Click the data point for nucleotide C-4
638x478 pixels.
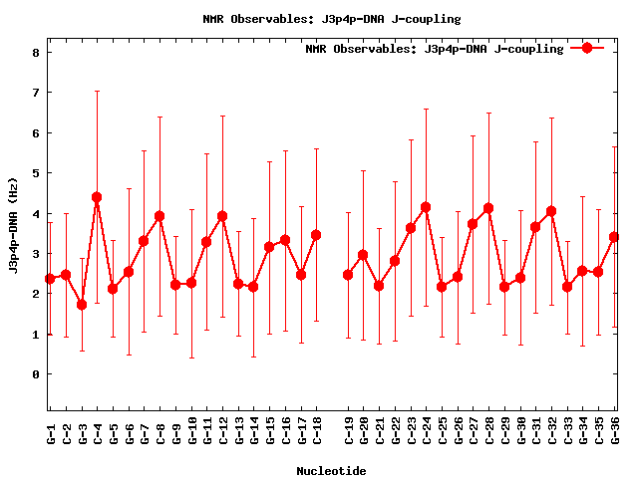[97, 197]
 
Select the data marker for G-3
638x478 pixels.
[82, 305]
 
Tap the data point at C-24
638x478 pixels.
[426, 207]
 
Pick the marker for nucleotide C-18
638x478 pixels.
[316, 235]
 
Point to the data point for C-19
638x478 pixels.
[348, 275]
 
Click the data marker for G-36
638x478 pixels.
[614, 237]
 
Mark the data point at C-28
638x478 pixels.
[488, 208]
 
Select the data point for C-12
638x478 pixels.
[222, 216]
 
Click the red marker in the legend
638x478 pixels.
[587, 48]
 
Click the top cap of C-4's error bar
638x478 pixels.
[97, 91]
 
